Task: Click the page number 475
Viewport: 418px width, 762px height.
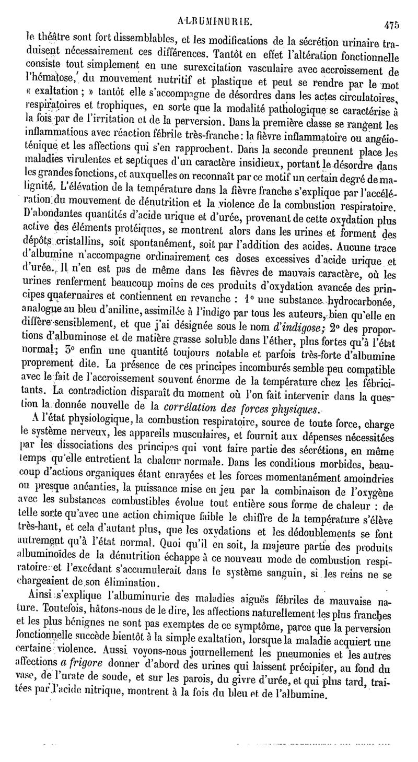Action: pos(391,23)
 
